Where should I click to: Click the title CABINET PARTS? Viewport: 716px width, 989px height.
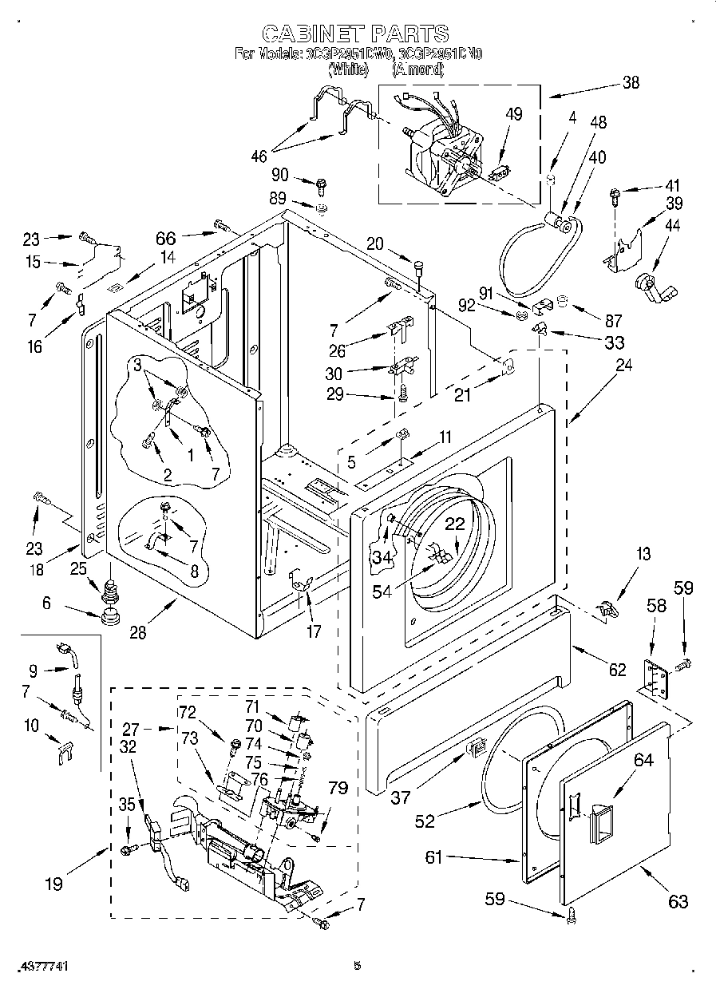pos(356,33)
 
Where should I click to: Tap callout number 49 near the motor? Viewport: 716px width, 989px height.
pos(514,113)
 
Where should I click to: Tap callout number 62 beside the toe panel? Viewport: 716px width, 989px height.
pos(618,670)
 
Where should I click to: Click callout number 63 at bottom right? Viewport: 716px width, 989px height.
pos(678,902)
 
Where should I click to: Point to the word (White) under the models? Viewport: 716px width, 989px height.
pos(347,69)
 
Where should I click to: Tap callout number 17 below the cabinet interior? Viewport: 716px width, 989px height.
pos(314,631)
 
